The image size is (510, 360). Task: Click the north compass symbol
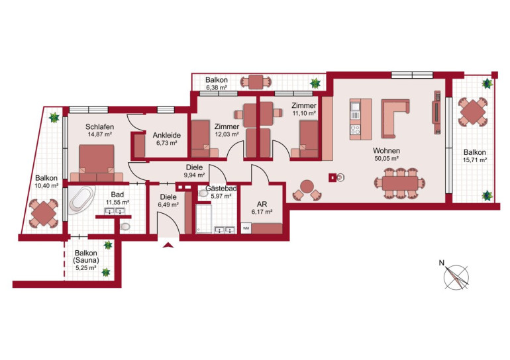[456, 277]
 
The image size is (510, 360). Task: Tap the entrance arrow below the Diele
[168, 245]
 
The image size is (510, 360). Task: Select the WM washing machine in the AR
[246, 228]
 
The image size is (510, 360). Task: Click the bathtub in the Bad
[82, 200]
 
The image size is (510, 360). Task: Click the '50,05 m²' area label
[386, 159]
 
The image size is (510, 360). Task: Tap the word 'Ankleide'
[166, 135]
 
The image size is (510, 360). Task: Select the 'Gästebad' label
[221, 189]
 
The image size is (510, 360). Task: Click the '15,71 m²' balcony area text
[474, 160]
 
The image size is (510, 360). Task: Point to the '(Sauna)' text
[86, 260]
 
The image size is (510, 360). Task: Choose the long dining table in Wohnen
[400, 183]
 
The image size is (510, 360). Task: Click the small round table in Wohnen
[307, 187]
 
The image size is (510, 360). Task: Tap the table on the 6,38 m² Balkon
[256, 82]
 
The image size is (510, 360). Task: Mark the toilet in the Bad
[125, 226]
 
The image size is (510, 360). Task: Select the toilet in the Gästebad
[203, 193]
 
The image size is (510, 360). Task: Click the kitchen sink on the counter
[355, 107]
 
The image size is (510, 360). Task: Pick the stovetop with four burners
[355, 130]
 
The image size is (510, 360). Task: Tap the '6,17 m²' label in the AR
[262, 212]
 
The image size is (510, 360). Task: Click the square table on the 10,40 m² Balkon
[44, 214]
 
